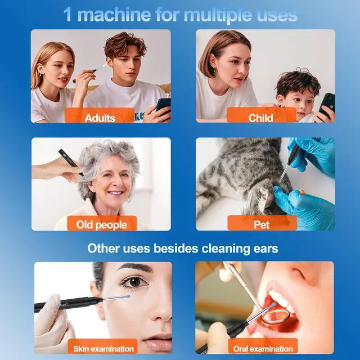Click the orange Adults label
(100, 115)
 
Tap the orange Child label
(261, 115)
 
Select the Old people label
(102, 223)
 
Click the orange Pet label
(262, 223)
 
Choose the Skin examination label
(103, 346)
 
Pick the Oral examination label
(263, 346)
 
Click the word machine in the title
(114, 15)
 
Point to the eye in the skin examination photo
(134, 282)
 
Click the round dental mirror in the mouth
(276, 316)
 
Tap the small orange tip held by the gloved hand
(303, 192)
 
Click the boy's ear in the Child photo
(280, 102)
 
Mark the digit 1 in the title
(67, 15)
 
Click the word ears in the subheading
(265, 249)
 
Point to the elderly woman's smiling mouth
(115, 192)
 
